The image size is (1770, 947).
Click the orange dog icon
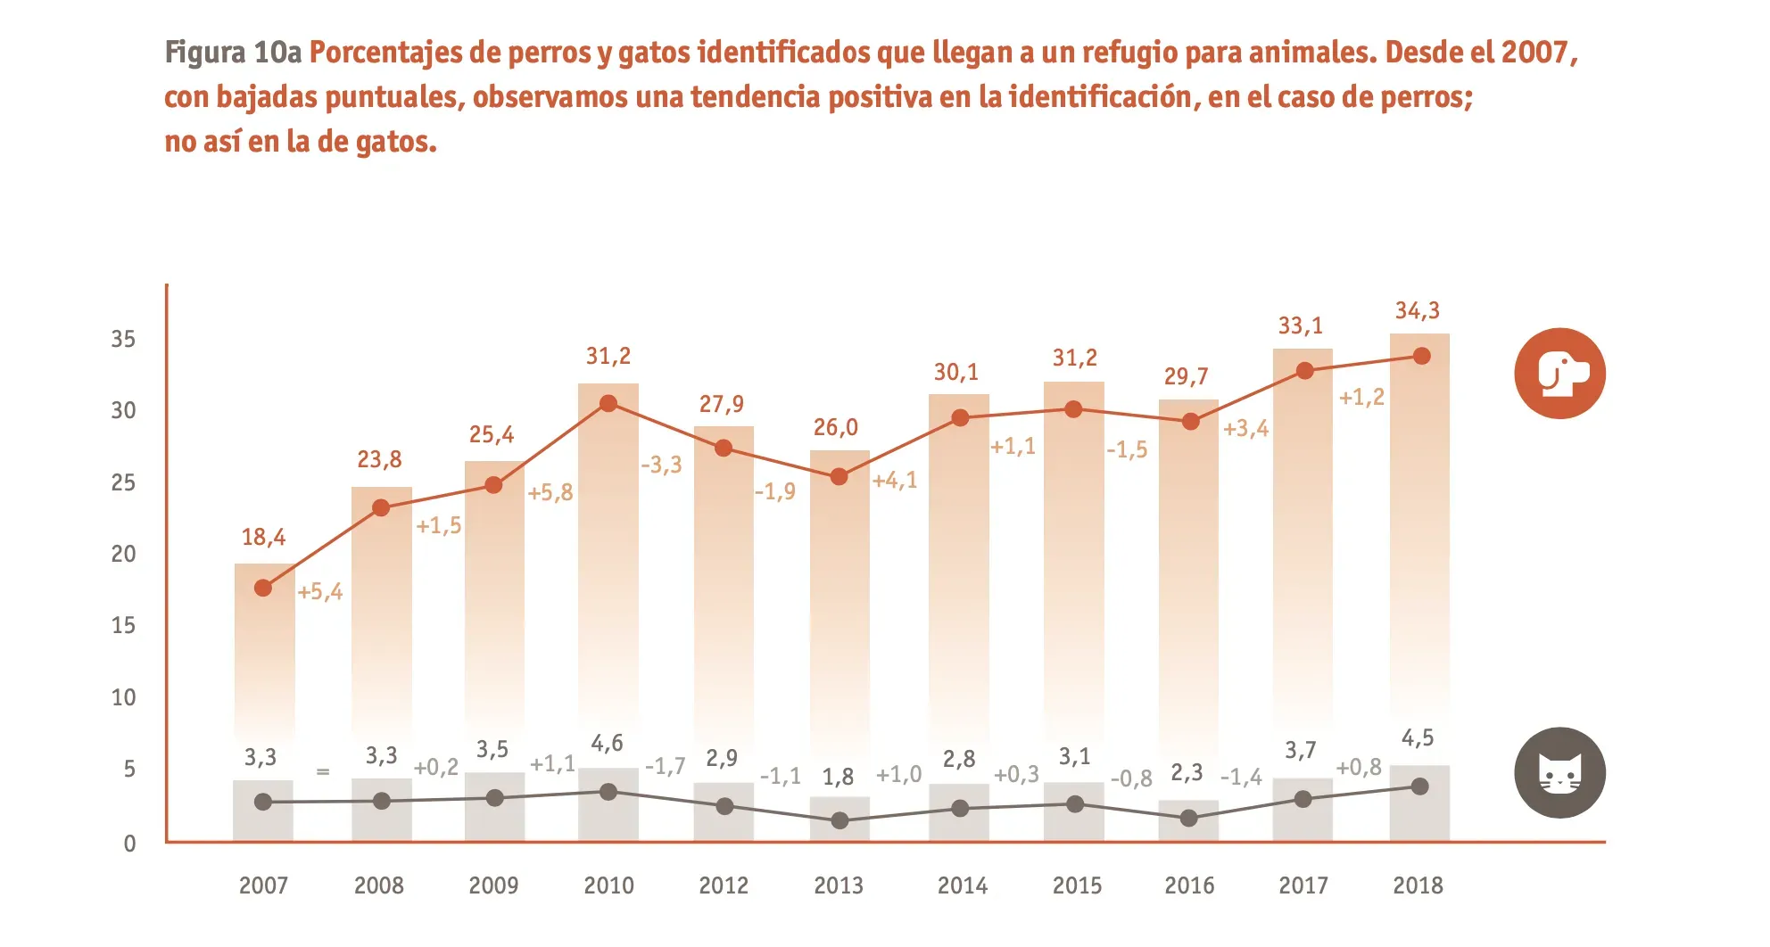coord(1559,373)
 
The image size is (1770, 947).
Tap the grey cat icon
coord(1559,772)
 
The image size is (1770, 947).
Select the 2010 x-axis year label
coord(608,885)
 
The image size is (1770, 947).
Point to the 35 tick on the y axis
coord(123,339)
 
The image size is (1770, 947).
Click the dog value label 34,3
coord(1418,310)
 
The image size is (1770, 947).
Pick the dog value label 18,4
coord(263,537)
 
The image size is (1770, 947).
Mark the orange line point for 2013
coord(839,476)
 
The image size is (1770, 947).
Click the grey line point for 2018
coord(1420,786)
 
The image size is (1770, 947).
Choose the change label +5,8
coord(550,492)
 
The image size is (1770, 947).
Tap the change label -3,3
coord(661,465)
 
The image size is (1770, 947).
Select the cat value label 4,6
coord(607,743)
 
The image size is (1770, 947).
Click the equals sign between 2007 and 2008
coord(323,771)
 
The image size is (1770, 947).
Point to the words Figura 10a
coord(233,52)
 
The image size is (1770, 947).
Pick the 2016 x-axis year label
coord(1189,885)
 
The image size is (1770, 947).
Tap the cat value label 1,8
coord(838,777)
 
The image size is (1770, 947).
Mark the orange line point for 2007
coord(263,588)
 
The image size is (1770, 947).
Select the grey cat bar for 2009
coord(494,807)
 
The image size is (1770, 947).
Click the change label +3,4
coord(1245,428)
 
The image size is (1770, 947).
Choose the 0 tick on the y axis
coord(129,844)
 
